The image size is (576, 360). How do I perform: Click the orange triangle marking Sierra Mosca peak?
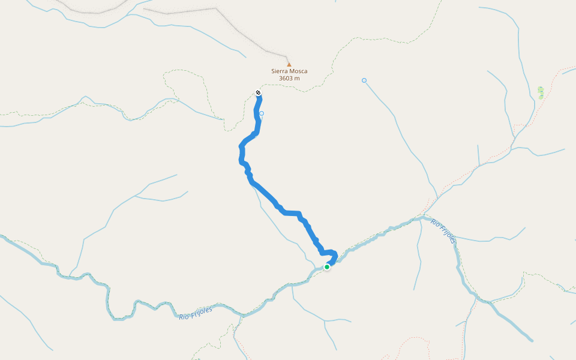point(289,64)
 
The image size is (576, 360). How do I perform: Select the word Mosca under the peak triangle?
point(298,71)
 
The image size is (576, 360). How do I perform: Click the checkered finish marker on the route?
point(258,92)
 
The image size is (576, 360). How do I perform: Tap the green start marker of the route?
point(327,267)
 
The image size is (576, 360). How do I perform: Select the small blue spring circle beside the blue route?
point(262,113)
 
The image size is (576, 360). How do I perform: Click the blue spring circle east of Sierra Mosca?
point(364,80)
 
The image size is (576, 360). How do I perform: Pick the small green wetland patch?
point(541,92)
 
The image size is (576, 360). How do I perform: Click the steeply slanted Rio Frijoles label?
point(443,231)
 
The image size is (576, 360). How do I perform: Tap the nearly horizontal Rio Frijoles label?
point(196,313)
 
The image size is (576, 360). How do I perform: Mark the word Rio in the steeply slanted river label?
point(435,223)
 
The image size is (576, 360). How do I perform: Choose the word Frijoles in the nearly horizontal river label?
point(200,311)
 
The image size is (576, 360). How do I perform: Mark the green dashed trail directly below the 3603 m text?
point(300,91)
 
